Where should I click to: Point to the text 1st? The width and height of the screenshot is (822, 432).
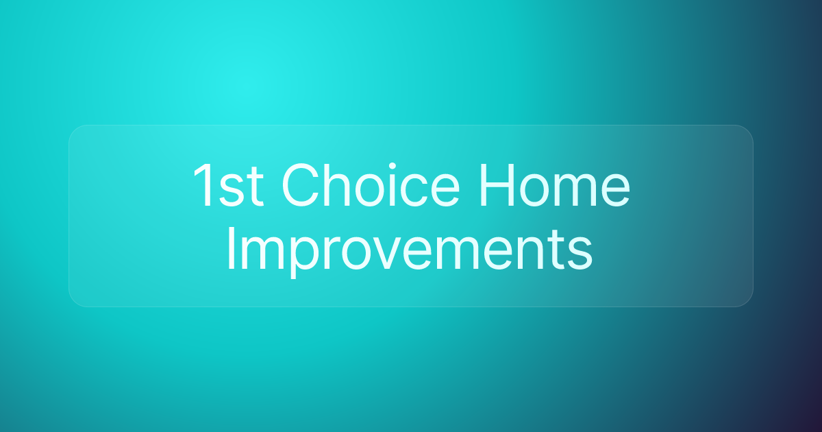[229, 187]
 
